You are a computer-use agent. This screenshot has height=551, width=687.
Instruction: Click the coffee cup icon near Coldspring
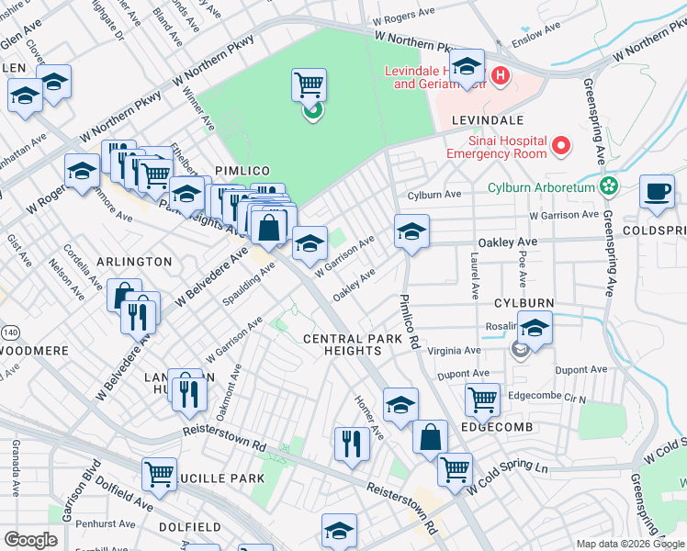click(x=656, y=191)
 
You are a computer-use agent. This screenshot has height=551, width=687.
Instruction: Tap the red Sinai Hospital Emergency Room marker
click(x=559, y=145)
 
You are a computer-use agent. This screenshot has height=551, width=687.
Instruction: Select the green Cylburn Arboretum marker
click(x=607, y=186)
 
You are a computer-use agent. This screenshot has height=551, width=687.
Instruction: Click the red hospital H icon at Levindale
click(x=501, y=75)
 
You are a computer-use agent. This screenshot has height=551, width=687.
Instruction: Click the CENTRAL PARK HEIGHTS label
click(x=353, y=345)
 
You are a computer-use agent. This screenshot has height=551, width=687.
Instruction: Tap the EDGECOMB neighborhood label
click(x=498, y=428)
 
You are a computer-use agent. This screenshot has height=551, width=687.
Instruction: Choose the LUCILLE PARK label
click(x=224, y=478)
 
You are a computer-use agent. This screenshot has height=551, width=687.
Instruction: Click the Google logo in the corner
click(x=30, y=540)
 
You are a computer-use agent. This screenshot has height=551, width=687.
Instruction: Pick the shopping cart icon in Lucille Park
click(x=159, y=474)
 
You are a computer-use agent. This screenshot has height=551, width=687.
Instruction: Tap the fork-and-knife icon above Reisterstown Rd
click(x=351, y=444)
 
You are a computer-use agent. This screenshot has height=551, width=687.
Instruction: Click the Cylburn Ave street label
click(x=434, y=195)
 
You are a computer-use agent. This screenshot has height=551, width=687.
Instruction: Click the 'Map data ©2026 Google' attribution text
click(x=629, y=544)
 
